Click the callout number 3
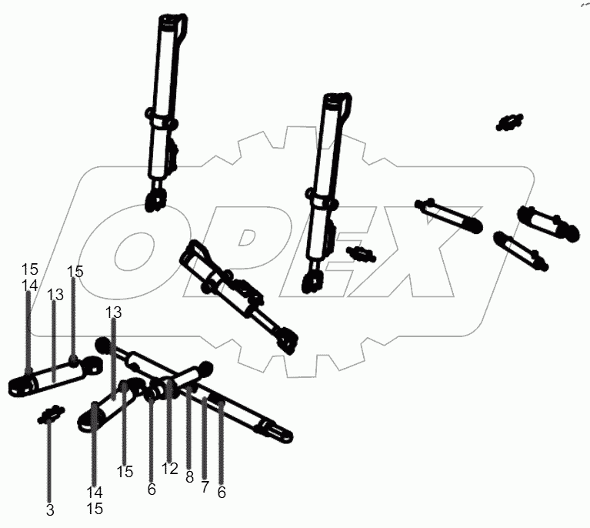click(49, 509)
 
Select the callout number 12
click(169, 469)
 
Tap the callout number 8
click(189, 477)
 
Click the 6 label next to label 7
click(222, 492)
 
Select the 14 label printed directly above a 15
click(95, 493)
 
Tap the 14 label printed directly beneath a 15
click(29, 286)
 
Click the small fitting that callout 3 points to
click(49, 416)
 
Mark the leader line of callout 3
click(49, 462)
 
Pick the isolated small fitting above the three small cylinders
click(508, 121)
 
